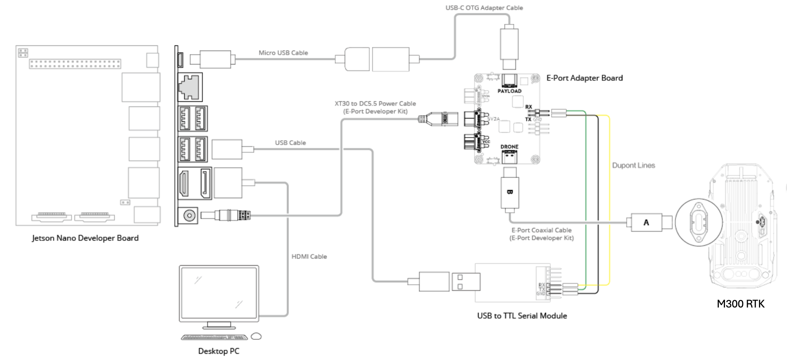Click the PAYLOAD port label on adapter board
click(509, 91)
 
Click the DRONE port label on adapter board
click(509, 147)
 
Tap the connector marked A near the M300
click(646, 222)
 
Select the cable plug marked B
click(510, 192)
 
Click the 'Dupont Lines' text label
click(633, 165)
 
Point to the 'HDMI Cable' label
click(309, 257)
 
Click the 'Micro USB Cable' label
click(283, 53)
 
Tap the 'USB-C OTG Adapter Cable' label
click(484, 8)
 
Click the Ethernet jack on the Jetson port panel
click(190, 87)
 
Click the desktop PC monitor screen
click(219, 293)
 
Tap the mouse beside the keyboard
click(257, 336)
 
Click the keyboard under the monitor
click(214, 337)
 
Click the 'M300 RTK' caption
click(740, 304)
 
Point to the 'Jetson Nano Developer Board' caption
click(85, 238)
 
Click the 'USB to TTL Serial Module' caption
click(522, 316)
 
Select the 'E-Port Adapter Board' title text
click(584, 78)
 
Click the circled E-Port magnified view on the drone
click(699, 222)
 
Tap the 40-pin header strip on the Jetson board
click(75, 64)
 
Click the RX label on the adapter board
click(528, 107)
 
